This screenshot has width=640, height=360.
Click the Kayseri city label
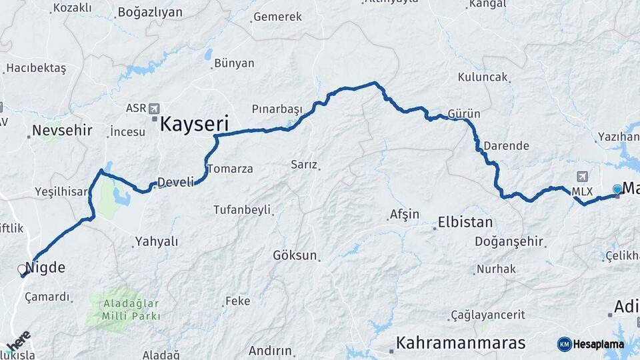click(x=194, y=123)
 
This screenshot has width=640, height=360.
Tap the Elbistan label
click(x=465, y=223)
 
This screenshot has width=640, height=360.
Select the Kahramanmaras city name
click(x=461, y=343)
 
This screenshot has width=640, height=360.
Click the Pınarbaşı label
click(x=277, y=109)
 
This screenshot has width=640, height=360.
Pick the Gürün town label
click(x=464, y=114)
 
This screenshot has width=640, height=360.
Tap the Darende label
click(x=506, y=145)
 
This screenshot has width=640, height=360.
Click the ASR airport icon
click(x=155, y=108)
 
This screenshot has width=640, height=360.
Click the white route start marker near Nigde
click(x=22, y=269)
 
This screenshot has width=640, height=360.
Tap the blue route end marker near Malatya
click(x=617, y=189)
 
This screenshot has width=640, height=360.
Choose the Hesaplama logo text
click(x=598, y=345)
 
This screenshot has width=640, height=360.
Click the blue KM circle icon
click(x=564, y=345)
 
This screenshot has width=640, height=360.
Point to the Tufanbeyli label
click(x=242, y=209)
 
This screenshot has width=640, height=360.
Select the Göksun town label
click(x=295, y=255)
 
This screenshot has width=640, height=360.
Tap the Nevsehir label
click(x=62, y=130)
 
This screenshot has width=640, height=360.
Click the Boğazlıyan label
click(x=149, y=12)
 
